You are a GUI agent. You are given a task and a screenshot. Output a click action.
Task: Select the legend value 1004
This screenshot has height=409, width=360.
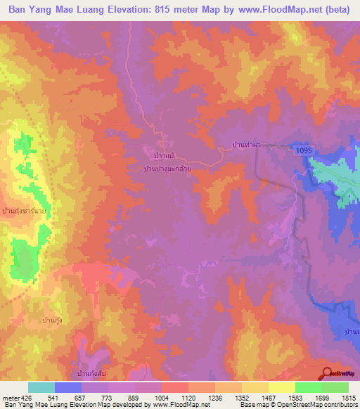pos(162,398)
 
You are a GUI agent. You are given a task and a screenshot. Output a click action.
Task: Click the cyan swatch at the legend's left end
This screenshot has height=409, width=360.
pos(41,387)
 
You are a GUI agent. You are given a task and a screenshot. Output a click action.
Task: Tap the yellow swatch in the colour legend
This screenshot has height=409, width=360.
pos(281,387)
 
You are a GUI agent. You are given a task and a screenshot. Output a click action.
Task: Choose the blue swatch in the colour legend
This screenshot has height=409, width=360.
pos(68,387)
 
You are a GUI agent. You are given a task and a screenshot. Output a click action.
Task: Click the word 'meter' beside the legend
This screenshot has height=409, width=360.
pos(11,398)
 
